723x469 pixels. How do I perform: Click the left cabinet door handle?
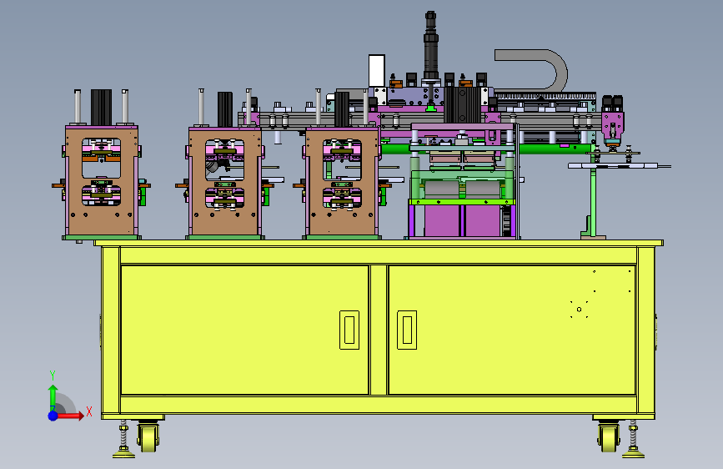[x=349, y=330]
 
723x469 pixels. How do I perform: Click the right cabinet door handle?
[x=407, y=330]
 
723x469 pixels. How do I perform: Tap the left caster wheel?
[x=148, y=437]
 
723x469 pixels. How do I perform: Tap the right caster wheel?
[x=609, y=437]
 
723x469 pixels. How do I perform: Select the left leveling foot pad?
[x=123, y=455]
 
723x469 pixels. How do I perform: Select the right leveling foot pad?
[x=633, y=455]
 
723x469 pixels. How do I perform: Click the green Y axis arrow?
[x=53, y=397]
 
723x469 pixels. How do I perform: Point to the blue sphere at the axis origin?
[x=53, y=416]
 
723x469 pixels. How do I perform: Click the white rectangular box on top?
[x=377, y=71]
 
